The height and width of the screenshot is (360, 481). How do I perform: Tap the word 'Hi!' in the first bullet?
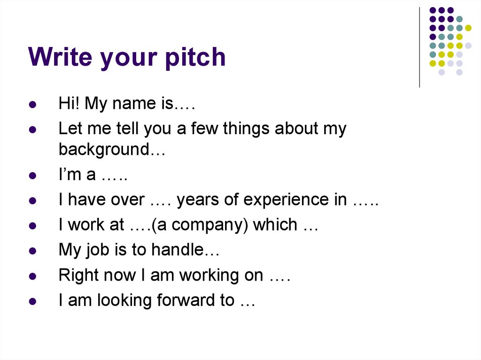[69, 104]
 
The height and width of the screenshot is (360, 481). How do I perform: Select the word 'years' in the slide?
[200, 200]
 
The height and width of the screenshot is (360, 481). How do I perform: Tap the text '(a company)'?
[199, 225]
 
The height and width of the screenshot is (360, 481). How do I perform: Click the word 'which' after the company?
[275, 225]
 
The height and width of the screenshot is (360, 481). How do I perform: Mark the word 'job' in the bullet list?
[98, 251]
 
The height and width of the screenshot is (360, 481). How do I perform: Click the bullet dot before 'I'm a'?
[32, 176]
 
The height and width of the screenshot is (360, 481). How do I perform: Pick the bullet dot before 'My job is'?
[32, 251]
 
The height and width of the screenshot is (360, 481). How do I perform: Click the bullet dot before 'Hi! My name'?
[32, 105]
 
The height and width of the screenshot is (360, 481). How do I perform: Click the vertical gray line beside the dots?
[419, 47]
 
